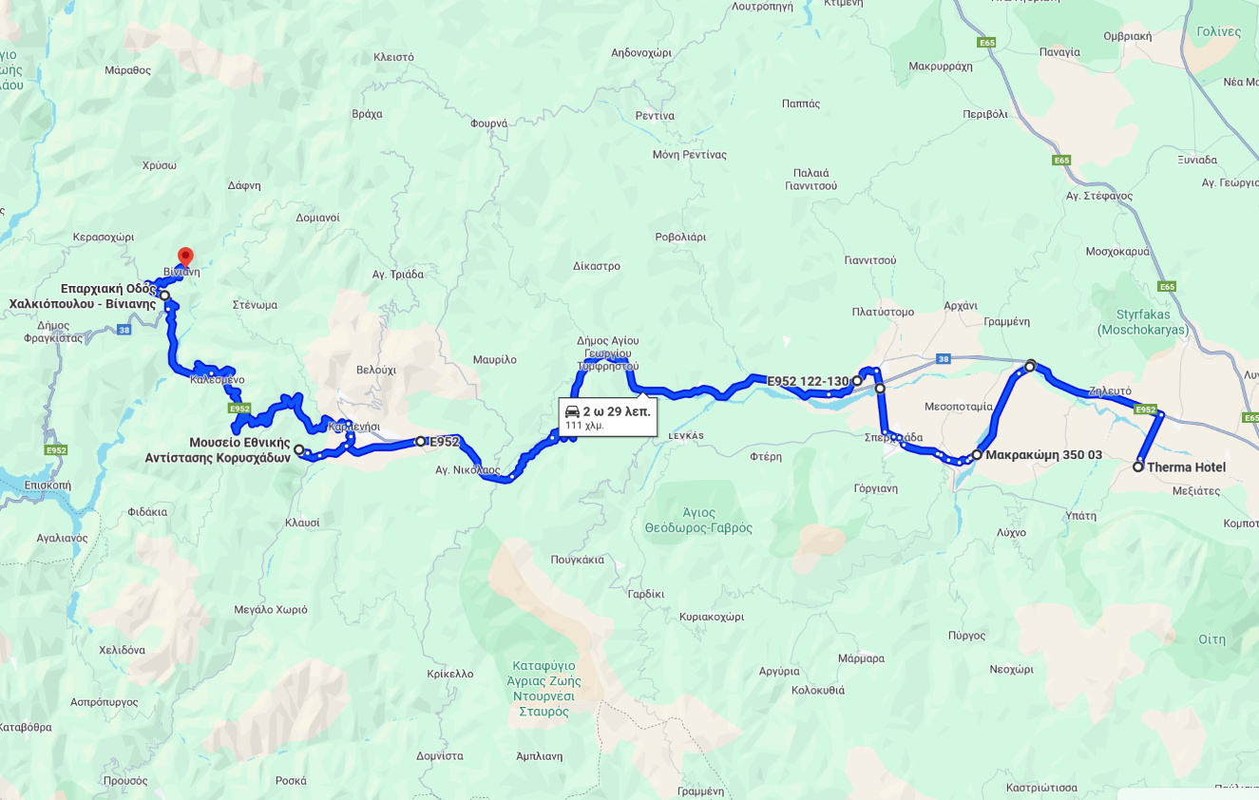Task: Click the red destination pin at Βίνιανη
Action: tap(185, 257)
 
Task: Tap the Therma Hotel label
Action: tap(1186, 467)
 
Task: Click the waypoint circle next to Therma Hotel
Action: tap(1138, 467)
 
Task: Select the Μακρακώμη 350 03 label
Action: tap(1043, 455)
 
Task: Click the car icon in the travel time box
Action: tap(572, 411)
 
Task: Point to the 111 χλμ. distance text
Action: tap(584, 426)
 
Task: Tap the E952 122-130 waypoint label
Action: tap(807, 382)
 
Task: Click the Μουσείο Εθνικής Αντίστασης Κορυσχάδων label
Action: tap(219, 450)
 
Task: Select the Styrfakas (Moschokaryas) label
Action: tap(1142, 322)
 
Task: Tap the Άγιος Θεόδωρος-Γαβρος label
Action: tap(698, 520)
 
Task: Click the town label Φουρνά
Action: tap(489, 124)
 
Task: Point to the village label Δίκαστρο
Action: tap(597, 266)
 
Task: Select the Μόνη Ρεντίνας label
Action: tap(689, 155)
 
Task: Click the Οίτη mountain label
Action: tap(1211, 638)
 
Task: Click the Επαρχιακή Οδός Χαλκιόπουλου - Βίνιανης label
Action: tap(84, 296)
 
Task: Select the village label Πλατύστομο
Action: tap(883, 312)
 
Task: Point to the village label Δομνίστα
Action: tap(440, 756)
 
